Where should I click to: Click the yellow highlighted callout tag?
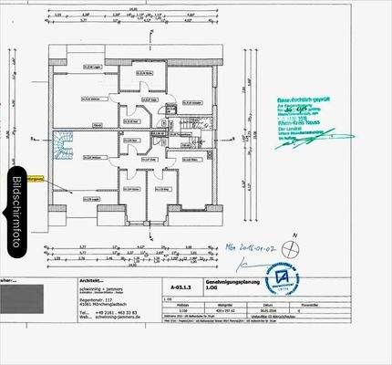tap(36, 180)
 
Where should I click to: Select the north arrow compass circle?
tap(290, 245)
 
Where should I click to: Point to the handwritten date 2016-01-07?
tap(248, 245)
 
